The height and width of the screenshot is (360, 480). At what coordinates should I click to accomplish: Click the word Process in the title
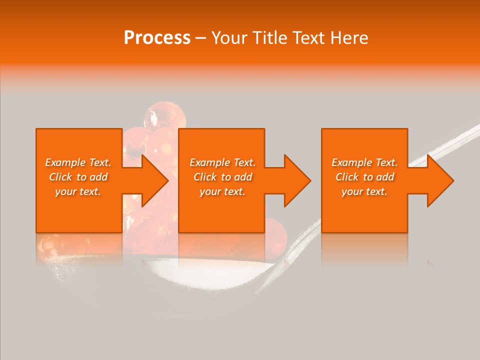click(157, 37)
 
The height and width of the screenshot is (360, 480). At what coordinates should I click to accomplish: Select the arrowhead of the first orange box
click(153, 180)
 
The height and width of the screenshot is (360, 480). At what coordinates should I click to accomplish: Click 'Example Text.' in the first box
click(78, 162)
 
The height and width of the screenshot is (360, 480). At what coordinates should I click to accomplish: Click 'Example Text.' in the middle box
click(222, 162)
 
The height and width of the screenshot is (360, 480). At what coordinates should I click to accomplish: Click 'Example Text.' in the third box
click(364, 162)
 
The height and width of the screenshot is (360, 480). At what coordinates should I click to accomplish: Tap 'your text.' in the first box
click(78, 191)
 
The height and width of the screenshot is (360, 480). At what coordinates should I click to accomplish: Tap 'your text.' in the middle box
click(222, 191)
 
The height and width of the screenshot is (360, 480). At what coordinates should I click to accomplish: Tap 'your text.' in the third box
click(364, 191)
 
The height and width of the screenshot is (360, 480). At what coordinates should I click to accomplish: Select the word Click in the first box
click(60, 177)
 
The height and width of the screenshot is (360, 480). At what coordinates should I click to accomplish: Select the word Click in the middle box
click(205, 177)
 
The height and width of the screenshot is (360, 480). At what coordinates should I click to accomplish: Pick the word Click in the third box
click(347, 177)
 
